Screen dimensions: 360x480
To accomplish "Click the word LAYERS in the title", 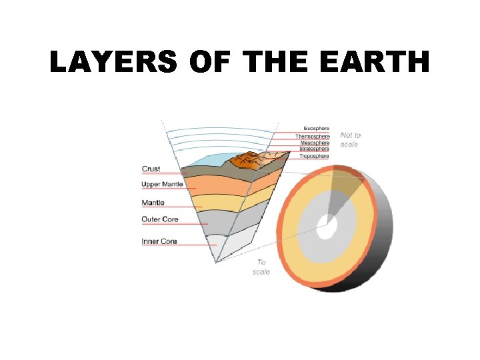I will click(113, 63).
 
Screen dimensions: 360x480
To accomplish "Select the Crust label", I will click(151, 169).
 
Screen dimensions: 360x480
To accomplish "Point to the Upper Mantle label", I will click(162, 184).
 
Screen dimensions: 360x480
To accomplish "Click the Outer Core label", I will click(160, 219).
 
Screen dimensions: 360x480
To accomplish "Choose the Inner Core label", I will click(159, 241).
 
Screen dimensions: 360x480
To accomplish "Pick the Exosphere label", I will click(316, 129).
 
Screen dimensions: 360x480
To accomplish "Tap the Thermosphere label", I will click(313, 136).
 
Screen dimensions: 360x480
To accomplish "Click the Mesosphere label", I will click(314, 143).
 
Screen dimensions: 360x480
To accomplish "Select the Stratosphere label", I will click(313, 149).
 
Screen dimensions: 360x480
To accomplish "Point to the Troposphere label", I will click(314, 156).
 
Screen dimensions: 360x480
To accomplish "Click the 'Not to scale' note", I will click(350, 139).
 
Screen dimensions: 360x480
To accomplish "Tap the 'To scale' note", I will click(261, 267).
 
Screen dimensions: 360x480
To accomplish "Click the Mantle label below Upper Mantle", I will click(153, 203).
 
